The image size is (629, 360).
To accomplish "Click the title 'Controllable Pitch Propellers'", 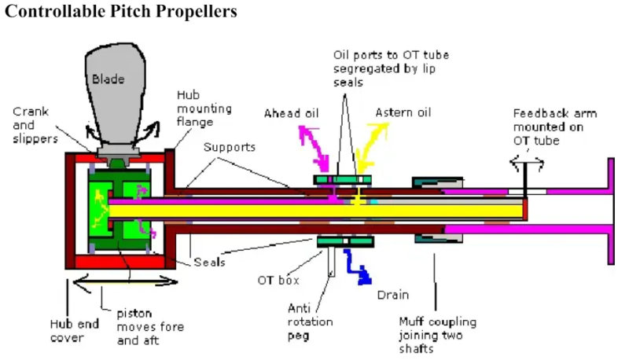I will (120, 13).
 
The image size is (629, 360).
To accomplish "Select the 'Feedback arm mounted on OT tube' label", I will (554, 127).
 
